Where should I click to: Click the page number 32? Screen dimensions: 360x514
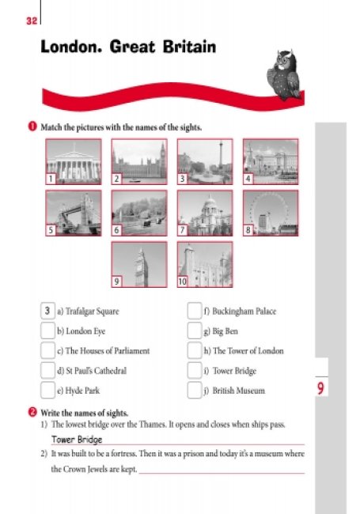click(32, 21)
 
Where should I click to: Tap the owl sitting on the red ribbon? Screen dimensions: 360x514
click(283, 75)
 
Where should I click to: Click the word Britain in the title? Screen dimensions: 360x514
click(190, 47)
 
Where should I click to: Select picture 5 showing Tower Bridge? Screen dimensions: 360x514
click(74, 213)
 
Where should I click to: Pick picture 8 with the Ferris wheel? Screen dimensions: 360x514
click(271, 213)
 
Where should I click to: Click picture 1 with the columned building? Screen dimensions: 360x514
click(74, 161)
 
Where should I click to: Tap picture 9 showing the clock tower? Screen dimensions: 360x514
click(139, 265)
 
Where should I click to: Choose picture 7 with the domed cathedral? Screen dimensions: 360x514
click(205, 213)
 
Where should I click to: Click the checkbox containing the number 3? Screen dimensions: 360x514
click(47, 311)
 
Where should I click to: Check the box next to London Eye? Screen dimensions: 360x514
click(47, 331)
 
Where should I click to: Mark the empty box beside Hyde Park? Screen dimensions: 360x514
click(47, 390)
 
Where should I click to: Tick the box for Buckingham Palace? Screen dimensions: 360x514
click(195, 311)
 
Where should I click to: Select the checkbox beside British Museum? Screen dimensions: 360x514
click(195, 390)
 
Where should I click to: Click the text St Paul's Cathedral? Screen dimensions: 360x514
click(96, 371)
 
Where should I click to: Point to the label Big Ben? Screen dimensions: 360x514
click(225, 331)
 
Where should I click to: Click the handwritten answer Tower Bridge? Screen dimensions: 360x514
click(77, 440)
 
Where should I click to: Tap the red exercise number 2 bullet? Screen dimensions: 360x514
click(32, 412)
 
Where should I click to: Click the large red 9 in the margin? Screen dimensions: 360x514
click(320, 388)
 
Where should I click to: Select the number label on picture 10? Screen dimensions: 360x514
click(182, 282)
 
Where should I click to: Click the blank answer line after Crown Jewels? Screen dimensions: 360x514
click(222, 473)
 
